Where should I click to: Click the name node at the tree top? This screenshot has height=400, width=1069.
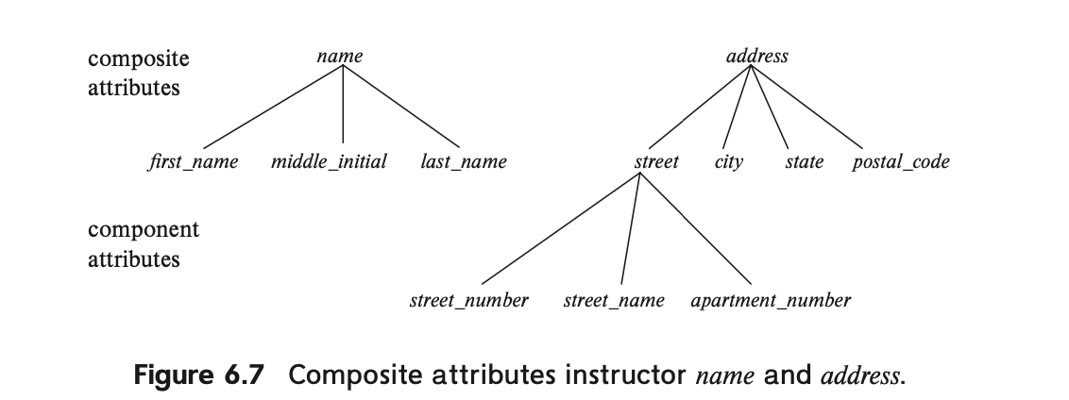point(340,56)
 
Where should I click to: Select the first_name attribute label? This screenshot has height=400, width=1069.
point(193,162)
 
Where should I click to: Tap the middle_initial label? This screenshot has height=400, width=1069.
point(329,162)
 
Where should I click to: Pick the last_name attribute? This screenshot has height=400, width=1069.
point(464,162)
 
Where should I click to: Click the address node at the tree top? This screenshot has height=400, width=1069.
point(756,56)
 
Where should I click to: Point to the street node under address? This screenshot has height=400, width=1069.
point(656,162)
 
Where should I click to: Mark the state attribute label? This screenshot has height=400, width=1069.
point(804,162)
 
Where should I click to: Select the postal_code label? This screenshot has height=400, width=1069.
point(901,162)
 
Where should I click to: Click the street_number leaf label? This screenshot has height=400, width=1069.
point(468,301)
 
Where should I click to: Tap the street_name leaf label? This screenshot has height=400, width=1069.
point(614,301)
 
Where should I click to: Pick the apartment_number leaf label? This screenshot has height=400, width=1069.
point(771,301)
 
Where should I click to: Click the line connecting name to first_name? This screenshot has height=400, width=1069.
point(273,107)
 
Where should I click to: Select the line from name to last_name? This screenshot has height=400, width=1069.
point(400,107)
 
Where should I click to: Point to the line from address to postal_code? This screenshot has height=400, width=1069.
point(806,107)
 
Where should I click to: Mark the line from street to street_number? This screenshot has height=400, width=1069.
point(560,228)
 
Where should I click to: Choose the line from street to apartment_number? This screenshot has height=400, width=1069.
point(695,228)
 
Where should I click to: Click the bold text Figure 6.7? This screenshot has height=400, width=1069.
point(198,375)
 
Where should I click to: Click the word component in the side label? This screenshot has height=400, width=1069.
point(144,229)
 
